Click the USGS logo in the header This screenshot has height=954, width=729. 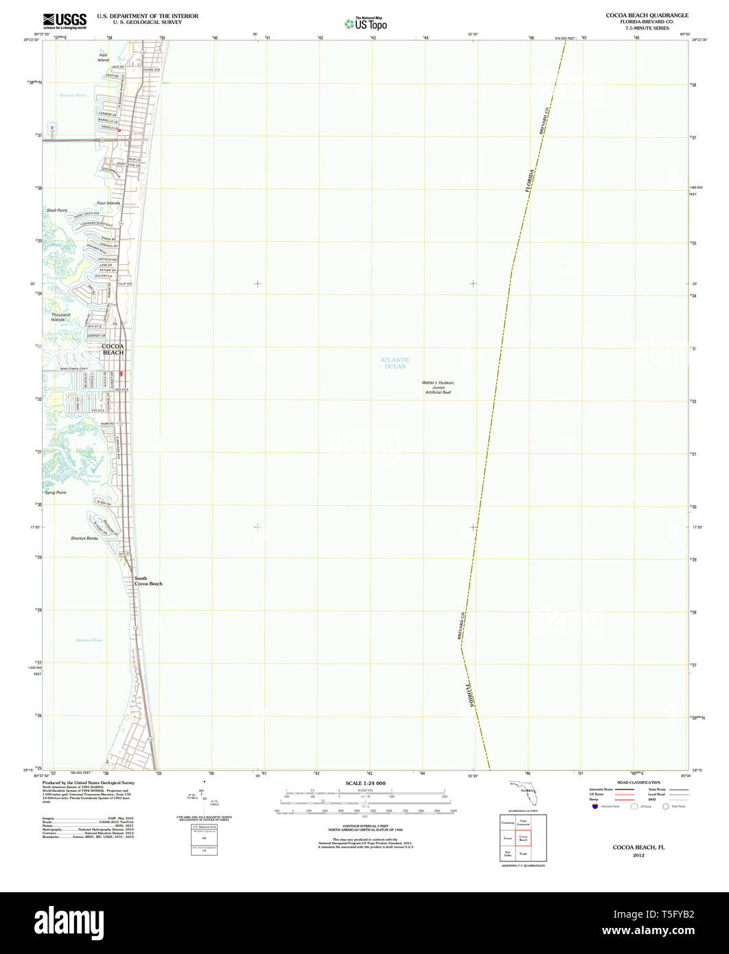coord(65,21)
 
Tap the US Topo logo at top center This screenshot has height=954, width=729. coord(366,23)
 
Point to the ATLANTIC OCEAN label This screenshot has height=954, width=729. coord(395,363)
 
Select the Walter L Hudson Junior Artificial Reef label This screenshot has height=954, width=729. coord(438,387)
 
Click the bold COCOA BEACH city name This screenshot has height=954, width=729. coord(113,349)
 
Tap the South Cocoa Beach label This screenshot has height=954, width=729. coord(148,581)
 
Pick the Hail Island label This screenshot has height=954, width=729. coord(104,57)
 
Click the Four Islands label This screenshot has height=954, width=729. coord(108,203)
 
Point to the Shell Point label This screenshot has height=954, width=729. coord(57,210)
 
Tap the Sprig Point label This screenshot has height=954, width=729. coord(56,493)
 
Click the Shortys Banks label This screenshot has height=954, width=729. coord(84,538)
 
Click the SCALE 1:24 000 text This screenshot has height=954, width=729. coord(365,783)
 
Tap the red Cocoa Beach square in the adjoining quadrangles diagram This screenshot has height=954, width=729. coord(523,838)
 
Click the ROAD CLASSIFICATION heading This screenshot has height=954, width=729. coord(638,782)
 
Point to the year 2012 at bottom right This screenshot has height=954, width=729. coord(638,855)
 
